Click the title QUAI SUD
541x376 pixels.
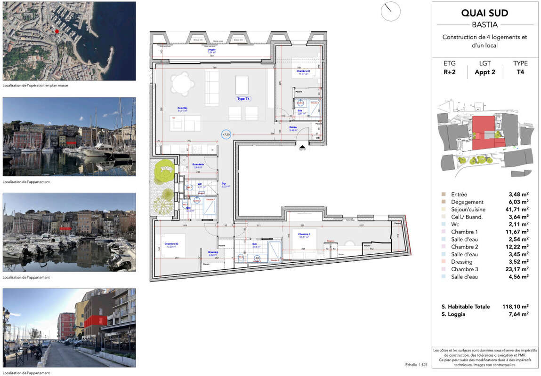click(x=484, y=13)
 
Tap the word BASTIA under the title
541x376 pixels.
click(x=484, y=25)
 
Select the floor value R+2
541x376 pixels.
click(x=449, y=72)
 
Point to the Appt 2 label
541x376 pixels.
click(x=485, y=72)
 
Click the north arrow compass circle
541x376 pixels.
click(x=390, y=11)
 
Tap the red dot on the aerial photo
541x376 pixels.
click(x=57, y=31)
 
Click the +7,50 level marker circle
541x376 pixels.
click(x=226, y=135)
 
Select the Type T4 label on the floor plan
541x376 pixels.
click(x=243, y=99)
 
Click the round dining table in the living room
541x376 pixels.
click(x=183, y=85)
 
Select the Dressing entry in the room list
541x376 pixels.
click(x=461, y=262)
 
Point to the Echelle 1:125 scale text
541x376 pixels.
click(x=416, y=365)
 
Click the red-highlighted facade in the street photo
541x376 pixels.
click(x=95, y=321)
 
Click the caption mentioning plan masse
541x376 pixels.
click(x=35, y=86)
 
